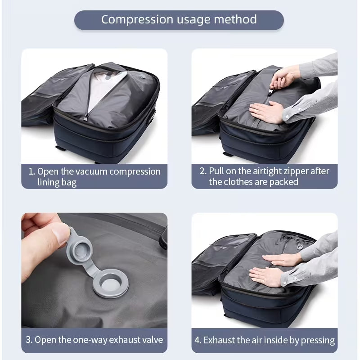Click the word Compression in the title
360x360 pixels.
(137, 20)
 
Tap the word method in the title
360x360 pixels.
(235, 19)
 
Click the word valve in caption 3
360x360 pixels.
(153, 340)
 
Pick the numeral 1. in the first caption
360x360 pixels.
(31, 171)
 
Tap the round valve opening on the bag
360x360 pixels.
(111, 283)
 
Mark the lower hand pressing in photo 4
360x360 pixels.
(266, 275)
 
